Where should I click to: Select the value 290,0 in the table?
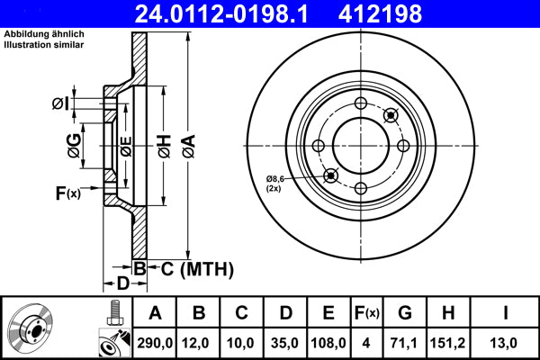(x=155, y=342)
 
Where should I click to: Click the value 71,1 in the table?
(x=404, y=342)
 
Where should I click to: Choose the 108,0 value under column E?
(x=328, y=342)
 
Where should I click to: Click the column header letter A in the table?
(x=155, y=312)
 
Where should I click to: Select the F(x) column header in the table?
(x=367, y=312)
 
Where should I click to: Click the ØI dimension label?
(x=60, y=103)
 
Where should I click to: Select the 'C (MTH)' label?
(x=196, y=268)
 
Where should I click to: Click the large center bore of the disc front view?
(x=360, y=145)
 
